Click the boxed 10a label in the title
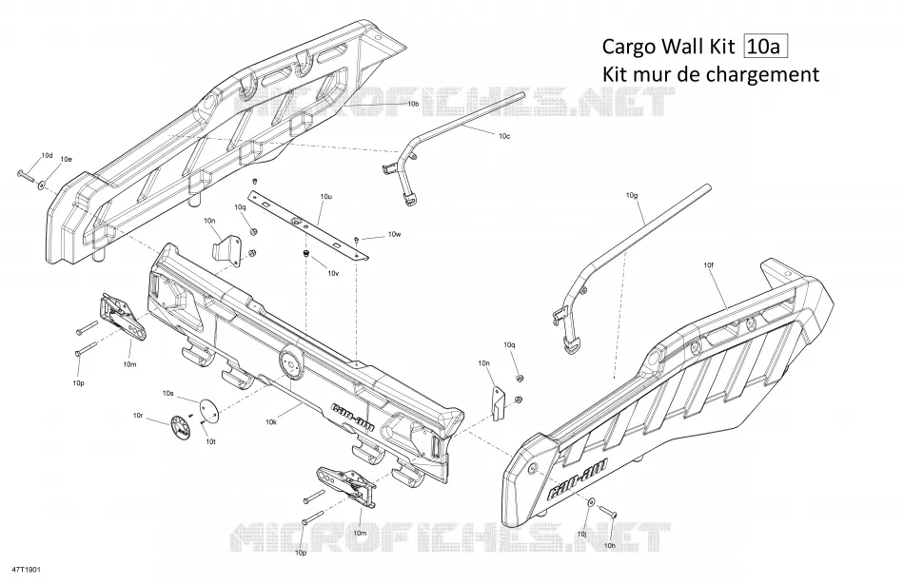point(766,46)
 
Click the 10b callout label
point(413,105)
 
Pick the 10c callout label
point(504,136)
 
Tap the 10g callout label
point(632,195)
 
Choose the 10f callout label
point(709,265)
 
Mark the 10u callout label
point(325,197)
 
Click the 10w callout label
point(394,234)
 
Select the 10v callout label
point(333,273)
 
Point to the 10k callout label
point(271,422)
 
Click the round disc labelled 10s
point(208,407)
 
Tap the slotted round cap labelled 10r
point(182,428)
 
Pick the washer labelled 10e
point(42,185)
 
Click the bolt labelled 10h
point(607,511)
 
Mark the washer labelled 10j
point(592,502)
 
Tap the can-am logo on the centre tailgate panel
point(353,416)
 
